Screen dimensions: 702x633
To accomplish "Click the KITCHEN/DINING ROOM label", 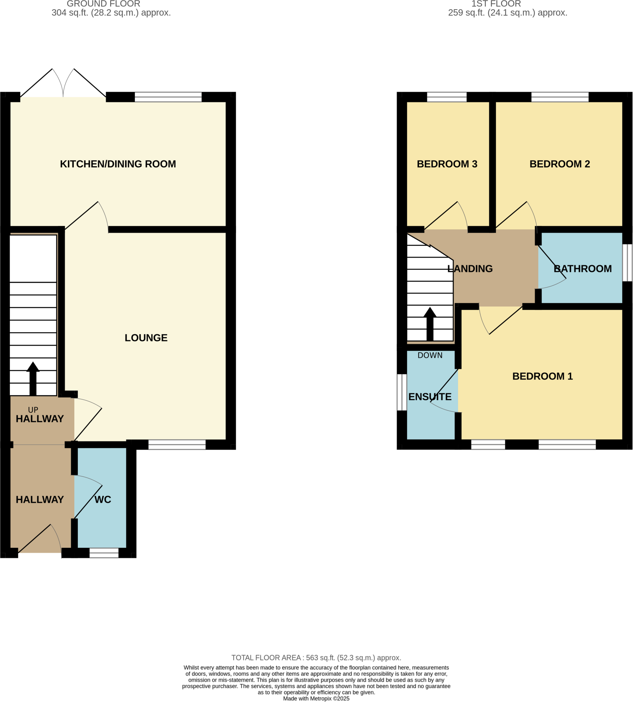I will [118, 164].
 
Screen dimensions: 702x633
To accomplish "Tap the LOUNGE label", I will [146, 338].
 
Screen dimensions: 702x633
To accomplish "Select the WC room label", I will [103, 500].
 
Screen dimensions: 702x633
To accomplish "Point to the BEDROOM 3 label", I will [447, 164].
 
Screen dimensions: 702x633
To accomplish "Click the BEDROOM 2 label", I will [560, 164].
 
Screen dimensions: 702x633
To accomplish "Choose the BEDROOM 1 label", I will [542, 376].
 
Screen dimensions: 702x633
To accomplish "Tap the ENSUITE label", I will [430, 397].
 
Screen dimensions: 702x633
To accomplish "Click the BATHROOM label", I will [583, 269].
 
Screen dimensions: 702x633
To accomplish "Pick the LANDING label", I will [470, 269].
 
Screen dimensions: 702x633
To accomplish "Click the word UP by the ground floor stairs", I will [33, 410].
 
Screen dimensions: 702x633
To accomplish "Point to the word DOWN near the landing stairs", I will [430, 355].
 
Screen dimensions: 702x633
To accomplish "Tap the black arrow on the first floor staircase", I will [430, 323].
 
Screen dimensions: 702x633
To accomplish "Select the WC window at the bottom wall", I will [104, 553].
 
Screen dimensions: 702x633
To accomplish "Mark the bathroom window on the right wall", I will [627, 263].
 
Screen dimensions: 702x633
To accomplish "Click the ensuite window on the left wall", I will [402, 392].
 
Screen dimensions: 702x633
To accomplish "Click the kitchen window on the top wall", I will [168, 97].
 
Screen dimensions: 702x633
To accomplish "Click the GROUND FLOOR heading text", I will [103, 4].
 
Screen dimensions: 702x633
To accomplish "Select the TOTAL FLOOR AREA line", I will [316, 658].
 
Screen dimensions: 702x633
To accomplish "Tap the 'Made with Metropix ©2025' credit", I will [316, 699].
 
